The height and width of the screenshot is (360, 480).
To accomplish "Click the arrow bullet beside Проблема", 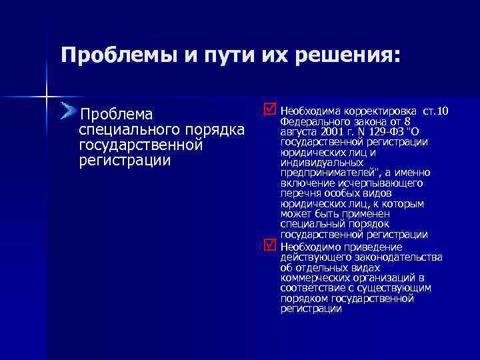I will pyautogui.click(x=67, y=111).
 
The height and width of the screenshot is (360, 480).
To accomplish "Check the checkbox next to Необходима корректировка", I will pyautogui.click(x=268, y=108).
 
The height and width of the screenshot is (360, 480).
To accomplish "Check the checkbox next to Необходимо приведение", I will pyautogui.click(x=268, y=246).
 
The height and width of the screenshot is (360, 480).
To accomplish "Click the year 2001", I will pyautogui.click(x=334, y=132).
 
